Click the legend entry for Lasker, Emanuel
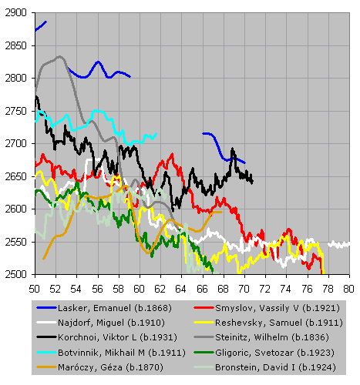115,308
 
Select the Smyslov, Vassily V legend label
278,308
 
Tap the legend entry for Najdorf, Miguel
111,323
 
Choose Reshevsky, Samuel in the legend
279,323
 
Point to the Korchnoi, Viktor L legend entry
117,337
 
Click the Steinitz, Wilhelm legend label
272,337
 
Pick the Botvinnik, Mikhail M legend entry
122,353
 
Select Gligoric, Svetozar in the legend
275,353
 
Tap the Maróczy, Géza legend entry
110,367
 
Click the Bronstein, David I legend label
275,367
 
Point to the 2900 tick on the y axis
15,12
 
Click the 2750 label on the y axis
15,111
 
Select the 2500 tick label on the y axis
15,274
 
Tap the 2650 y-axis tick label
15,176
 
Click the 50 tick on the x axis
34,289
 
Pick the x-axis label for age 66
202,289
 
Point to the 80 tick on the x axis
348,289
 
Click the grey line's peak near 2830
59,56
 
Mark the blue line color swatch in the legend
46,308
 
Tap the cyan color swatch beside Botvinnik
46,353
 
